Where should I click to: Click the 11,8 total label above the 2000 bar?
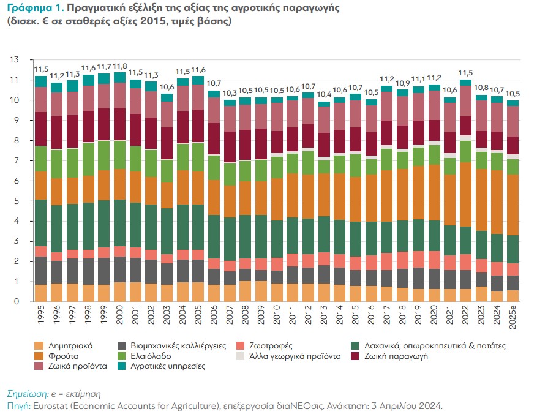pyautogui.click(x=120, y=66)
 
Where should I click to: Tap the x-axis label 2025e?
pyautogui.click(x=513, y=318)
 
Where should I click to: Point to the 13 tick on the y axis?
pyautogui.click(x=15, y=59)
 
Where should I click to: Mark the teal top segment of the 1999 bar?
pyautogui.click(x=103, y=78)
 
